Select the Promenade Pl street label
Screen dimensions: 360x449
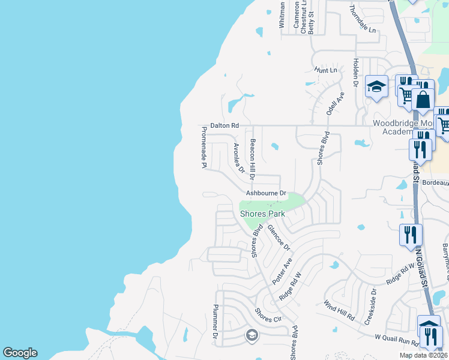point(204,147)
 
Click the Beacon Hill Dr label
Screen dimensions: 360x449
point(253,160)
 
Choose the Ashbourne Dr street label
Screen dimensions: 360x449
point(267,194)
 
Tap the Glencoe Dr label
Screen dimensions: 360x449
point(279,238)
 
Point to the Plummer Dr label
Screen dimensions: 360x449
point(214,325)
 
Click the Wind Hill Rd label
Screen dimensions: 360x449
point(339,310)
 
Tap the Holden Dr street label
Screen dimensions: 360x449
point(356,74)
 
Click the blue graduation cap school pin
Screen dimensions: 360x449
point(376,87)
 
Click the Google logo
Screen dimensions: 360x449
point(20,353)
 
